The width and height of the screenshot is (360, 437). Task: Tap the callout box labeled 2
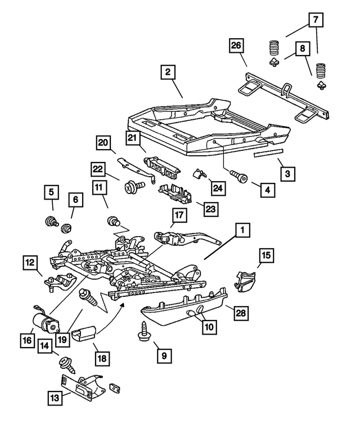coord(168,72)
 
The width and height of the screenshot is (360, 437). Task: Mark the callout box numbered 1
coord(242,230)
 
